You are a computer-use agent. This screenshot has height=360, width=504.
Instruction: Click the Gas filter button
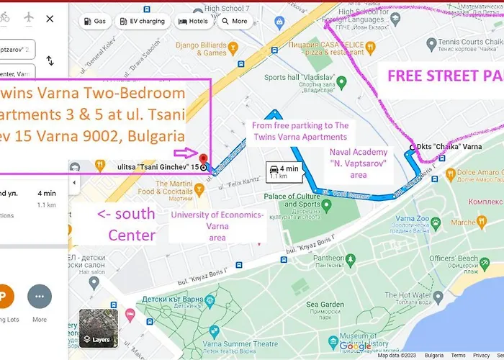tap(95, 22)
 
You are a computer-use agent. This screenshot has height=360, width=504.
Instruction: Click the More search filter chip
tap(234, 22)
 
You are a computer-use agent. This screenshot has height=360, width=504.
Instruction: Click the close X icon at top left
tap(50, 18)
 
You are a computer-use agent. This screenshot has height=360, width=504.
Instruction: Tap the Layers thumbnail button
tap(98, 328)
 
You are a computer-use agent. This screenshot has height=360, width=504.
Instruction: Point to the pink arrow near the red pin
tap(185, 153)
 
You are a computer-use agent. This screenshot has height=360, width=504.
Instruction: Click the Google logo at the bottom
tap(356, 346)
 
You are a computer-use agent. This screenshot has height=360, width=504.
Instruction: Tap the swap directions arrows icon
tap(50, 61)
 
